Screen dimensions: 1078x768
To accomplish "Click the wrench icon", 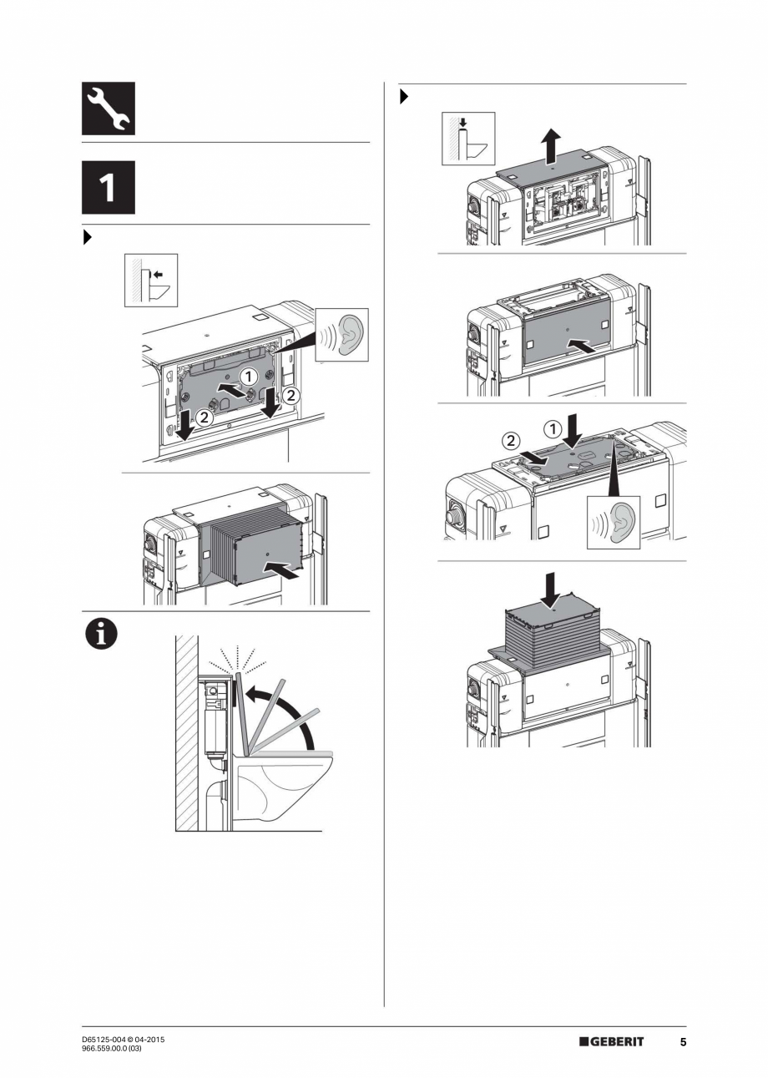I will coord(108,109).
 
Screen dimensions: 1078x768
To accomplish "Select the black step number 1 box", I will coord(108,188).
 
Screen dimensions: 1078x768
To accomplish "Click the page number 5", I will coord(682,1041).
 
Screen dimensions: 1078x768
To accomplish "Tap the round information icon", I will coord(100,635).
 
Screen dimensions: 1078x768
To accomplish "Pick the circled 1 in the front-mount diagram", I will coord(248,377).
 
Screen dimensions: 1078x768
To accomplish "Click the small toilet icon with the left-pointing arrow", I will coord(151,281).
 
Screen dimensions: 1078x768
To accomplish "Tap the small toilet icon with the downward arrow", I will coord(467,139).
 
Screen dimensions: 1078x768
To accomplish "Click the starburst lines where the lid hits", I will coord(239,657).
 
